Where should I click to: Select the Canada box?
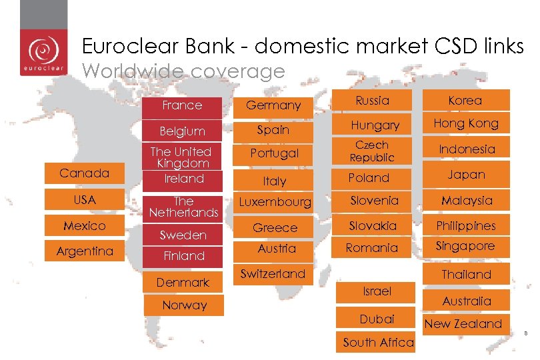[84, 173]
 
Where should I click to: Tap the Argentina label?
[85, 251]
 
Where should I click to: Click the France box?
[182, 105]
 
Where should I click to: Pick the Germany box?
[273, 105]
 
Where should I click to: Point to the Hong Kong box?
[465, 123]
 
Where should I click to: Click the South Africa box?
[378, 343]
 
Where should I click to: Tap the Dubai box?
[377, 319]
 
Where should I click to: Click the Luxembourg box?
[275, 201]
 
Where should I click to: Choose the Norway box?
[185, 305]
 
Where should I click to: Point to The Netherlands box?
[183, 207]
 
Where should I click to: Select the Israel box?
[377, 291]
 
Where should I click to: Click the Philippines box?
[465, 226]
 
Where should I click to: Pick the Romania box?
[373, 248]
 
